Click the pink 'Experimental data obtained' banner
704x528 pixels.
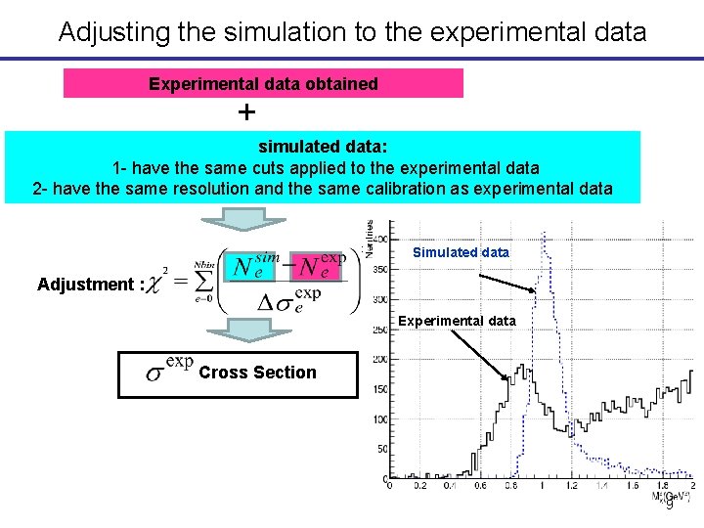[263, 84]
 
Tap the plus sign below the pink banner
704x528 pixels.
[247, 112]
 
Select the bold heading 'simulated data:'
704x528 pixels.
[323, 147]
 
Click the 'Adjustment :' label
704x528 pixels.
[91, 285]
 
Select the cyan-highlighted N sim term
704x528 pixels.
[251, 265]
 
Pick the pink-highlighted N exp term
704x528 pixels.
[320, 265]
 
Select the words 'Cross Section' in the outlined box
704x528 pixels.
[257, 373]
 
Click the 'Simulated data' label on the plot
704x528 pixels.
[461, 252]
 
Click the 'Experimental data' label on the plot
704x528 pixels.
[457, 321]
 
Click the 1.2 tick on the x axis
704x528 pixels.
[572, 485]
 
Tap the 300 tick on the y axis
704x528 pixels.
[378, 298]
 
